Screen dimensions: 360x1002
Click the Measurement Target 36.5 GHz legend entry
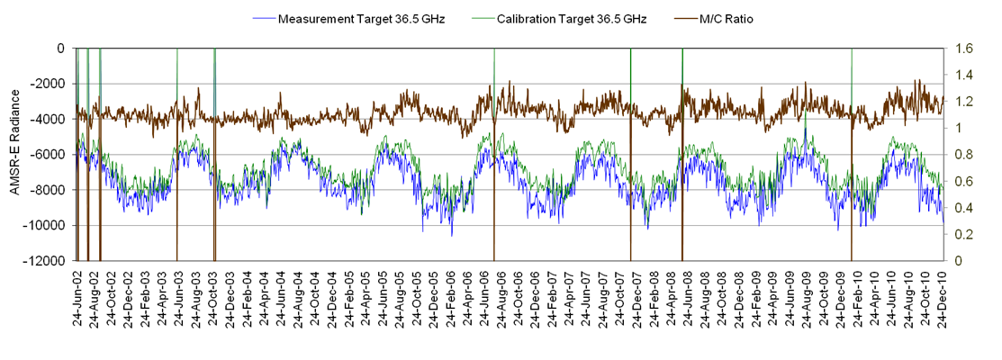click(x=347, y=18)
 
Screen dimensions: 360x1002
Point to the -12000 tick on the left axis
click(x=50, y=261)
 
